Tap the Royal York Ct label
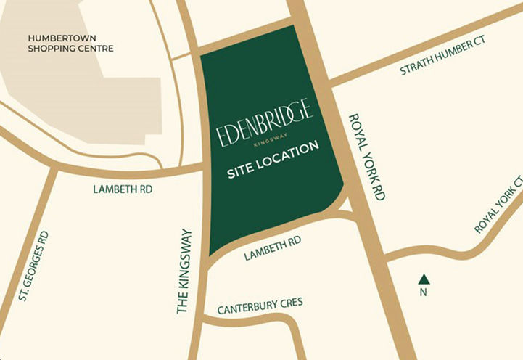pos(500,204)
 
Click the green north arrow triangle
pos(424,278)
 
